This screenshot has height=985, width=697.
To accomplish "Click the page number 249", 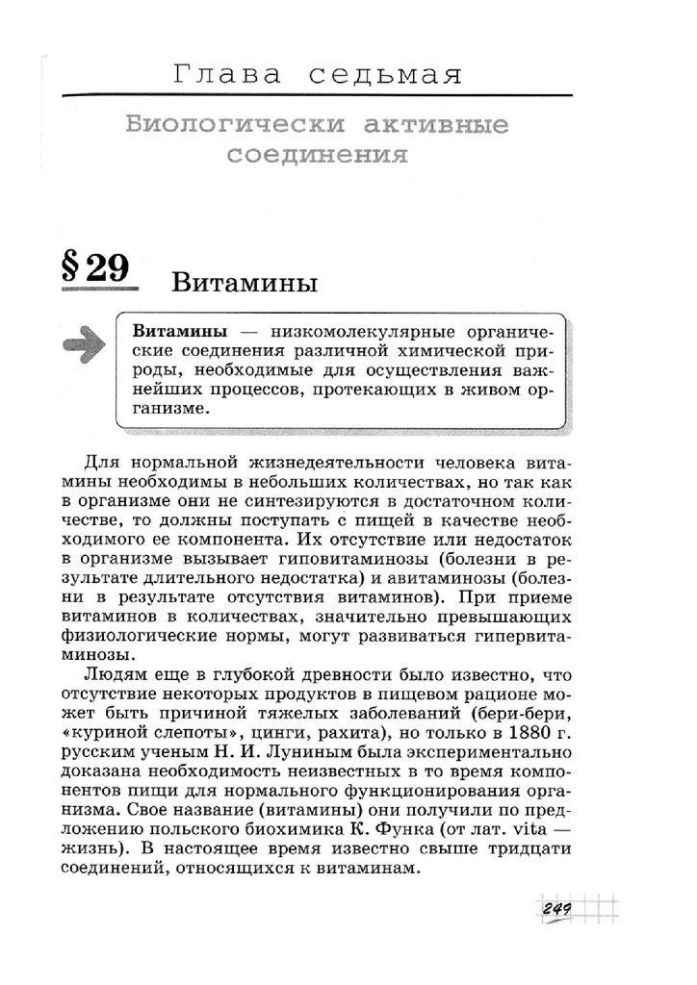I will [557, 908].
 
